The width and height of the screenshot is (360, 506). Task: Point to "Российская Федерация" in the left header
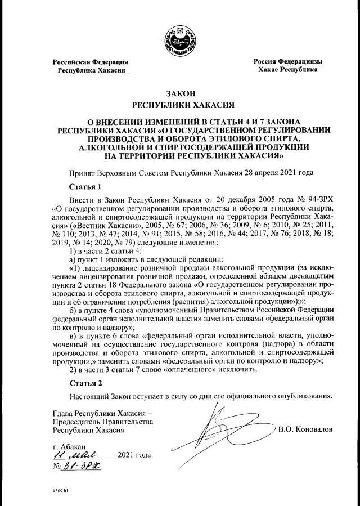pos(91,61)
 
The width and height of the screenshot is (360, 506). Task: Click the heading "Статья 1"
pos(84,186)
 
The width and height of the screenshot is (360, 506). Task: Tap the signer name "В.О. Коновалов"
pos(306,429)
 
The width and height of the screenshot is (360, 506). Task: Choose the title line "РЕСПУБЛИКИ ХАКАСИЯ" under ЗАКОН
pos(180,105)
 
